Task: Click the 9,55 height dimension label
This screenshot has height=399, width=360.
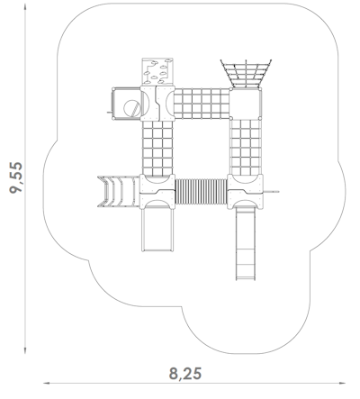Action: point(16,177)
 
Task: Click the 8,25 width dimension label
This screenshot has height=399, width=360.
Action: point(185,374)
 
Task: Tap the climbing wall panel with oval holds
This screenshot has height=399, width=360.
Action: point(157,72)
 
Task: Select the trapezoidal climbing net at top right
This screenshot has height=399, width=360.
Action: point(246,74)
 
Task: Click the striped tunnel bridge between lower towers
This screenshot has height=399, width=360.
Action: point(201,192)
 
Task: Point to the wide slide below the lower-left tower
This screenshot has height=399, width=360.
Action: point(157,230)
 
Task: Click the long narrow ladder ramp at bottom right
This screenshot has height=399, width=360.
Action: point(246,244)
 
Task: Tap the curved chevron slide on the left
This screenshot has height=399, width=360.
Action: point(118,192)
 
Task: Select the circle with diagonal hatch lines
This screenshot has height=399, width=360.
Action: point(132,108)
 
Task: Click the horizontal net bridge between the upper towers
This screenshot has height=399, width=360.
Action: point(202,104)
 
